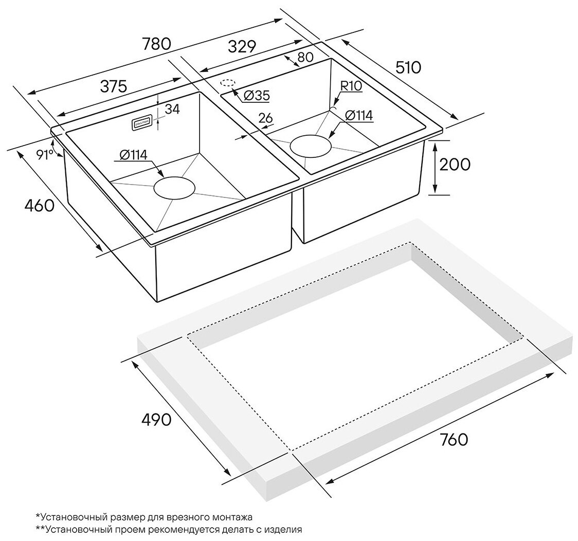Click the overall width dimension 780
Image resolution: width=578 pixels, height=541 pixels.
tap(157, 44)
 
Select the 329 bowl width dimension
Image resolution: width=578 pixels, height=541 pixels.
tap(242, 47)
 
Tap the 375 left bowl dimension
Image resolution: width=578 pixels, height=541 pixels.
tap(114, 86)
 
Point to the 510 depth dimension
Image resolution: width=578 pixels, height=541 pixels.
tap(408, 68)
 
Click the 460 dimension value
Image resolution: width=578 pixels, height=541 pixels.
tap(40, 205)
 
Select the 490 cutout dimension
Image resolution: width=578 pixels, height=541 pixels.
tap(156, 420)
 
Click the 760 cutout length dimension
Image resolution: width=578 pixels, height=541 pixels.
tap(454, 439)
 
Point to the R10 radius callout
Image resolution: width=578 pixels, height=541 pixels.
tap(351, 86)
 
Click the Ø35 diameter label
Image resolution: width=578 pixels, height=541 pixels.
tap(257, 96)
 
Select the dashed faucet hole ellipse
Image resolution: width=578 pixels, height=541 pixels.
tap(228, 83)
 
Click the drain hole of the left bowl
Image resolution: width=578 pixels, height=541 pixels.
tap(174, 188)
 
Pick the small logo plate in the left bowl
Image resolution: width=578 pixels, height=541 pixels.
tap(140, 123)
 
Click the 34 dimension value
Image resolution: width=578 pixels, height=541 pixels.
tap(172, 109)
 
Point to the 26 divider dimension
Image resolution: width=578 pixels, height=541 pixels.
tap(265, 118)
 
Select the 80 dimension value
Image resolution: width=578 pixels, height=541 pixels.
tap(305, 57)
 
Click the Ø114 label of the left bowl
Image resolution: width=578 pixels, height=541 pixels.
tap(133, 154)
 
